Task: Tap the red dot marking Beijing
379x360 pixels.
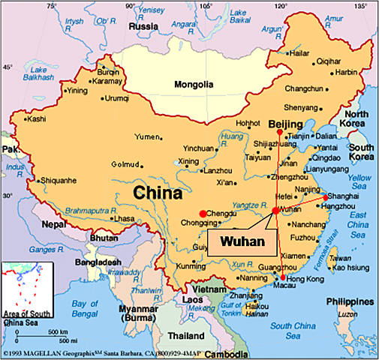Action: click(x=279, y=132)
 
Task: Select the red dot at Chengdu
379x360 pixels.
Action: click(x=203, y=214)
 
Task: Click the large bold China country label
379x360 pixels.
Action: click(x=158, y=193)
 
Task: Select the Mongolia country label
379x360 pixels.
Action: click(x=194, y=85)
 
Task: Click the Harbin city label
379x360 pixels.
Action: click(x=346, y=72)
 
